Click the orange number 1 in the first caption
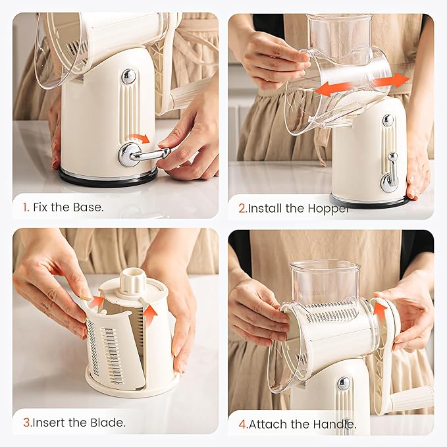(25, 207)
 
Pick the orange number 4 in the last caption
(242, 424)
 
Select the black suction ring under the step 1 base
(109, 178)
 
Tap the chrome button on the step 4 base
(344, 383)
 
